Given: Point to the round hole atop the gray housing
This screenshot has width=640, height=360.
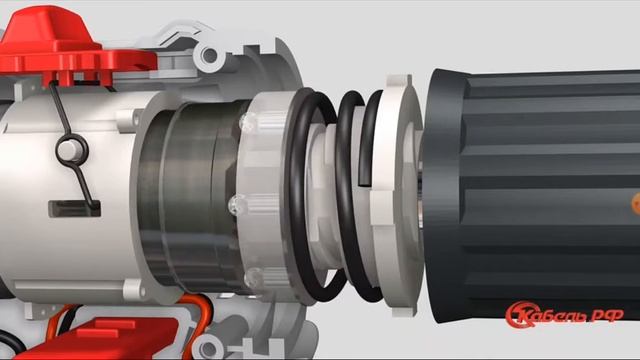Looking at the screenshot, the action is tap(209, 55).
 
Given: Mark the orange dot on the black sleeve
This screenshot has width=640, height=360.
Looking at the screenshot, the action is tap(636, 204).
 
